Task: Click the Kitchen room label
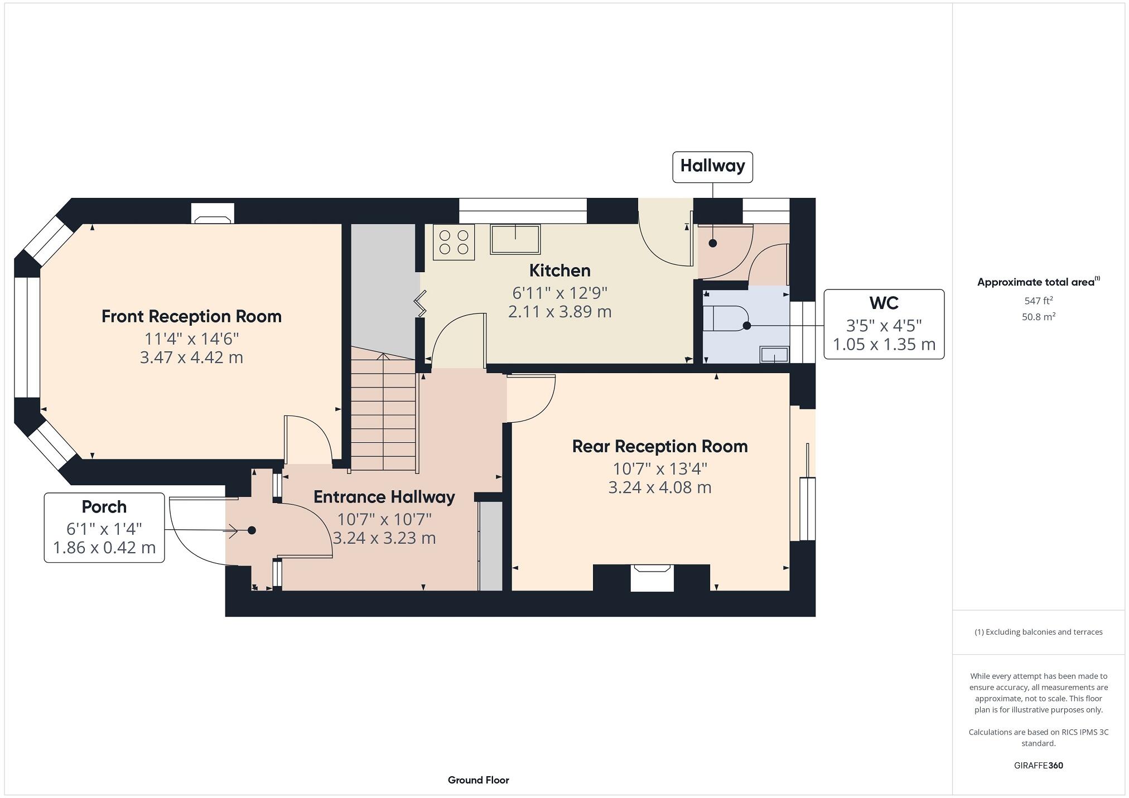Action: [559, 270]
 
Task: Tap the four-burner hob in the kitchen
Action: [453, 243]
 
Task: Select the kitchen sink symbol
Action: [515, 239]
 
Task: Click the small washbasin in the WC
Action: [774, 354]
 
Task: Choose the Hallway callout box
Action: [712, 166]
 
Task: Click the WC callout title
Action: [884, 303]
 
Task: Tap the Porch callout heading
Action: [104, 507]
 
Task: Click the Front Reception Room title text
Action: [191, 317]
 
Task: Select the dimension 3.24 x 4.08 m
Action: [659, 487]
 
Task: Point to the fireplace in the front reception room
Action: [213, 214]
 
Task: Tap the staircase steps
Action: [384, 413]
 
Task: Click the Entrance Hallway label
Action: [384, 497]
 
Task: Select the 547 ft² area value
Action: [1038, 301]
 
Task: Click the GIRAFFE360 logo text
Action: [1038, 766]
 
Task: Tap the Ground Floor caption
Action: [478, 780]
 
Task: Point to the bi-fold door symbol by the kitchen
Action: [419, 303]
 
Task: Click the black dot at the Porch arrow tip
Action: [252, 530]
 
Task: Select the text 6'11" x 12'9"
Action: [559, 293]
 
